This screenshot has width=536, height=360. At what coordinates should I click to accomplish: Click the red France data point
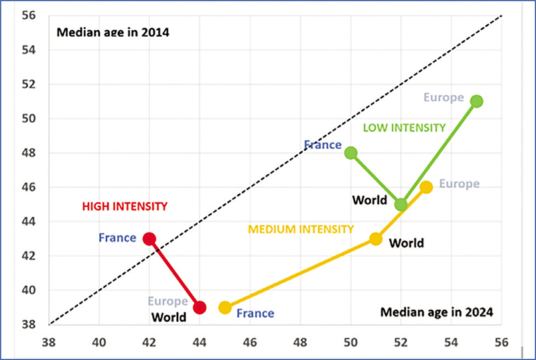[x=149, y=239]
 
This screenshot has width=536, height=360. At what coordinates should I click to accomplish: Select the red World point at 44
[x=200, y=308]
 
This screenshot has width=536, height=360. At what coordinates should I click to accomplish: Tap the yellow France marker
[x=225, y=308]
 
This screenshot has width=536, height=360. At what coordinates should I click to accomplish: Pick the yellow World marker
[x=376, y=239]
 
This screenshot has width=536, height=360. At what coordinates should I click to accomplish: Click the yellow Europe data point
[x=426, y=187]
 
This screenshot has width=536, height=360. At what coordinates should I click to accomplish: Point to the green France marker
[x=350, y=153]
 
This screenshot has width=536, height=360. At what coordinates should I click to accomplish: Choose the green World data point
[x=401, y=204]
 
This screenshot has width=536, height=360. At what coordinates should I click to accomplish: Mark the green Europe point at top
[x=476, y=101]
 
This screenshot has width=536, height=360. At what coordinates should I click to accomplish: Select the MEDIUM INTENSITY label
[x=301, y=229]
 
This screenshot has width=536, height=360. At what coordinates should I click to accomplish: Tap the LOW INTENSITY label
[x=404, y=127]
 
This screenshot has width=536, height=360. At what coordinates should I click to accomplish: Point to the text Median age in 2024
[x=436, y=312]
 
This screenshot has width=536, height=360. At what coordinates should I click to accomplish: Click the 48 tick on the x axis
[x=300, y=341]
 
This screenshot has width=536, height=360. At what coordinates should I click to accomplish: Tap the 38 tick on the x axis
[x=49, y=341]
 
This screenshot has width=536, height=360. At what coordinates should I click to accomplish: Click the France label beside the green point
[x=323, y=144]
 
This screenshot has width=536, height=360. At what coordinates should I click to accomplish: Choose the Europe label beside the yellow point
[x=460, y=184]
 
